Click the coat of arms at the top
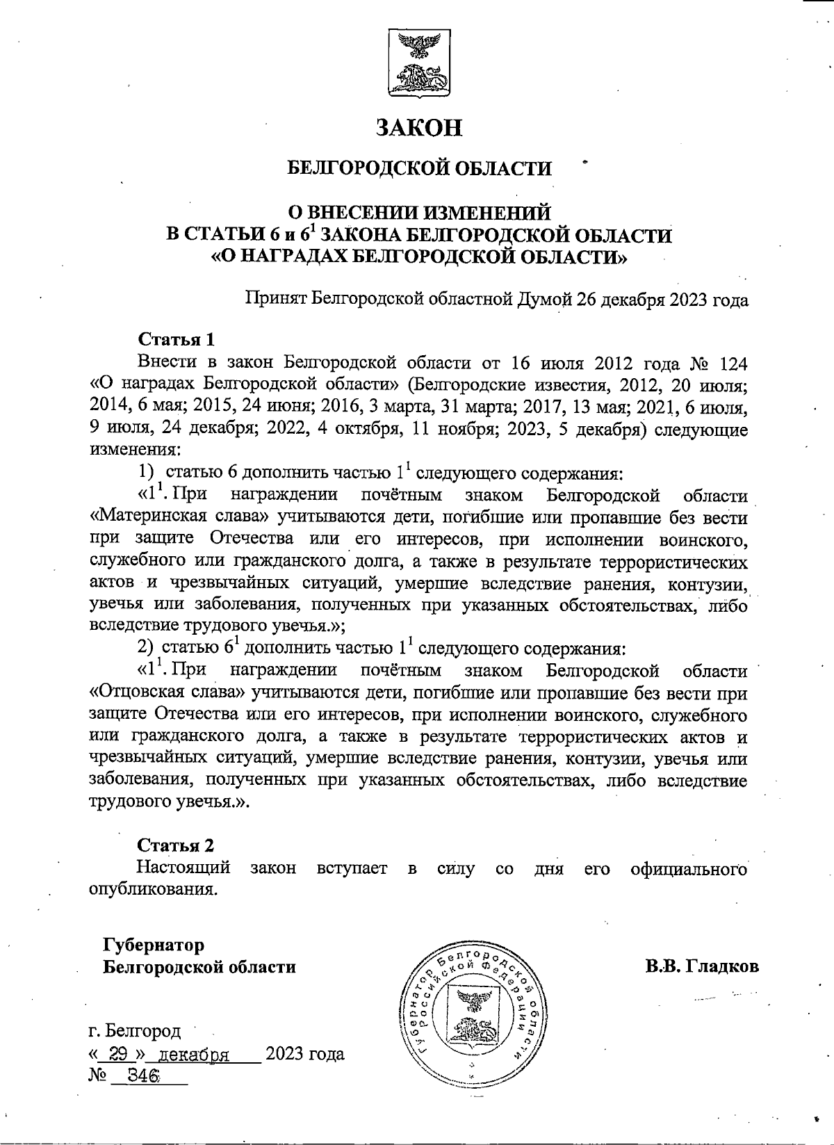tap(418, 64)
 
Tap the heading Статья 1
tap(177, 339)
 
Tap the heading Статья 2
tap(176, 845)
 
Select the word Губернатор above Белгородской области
tap(154, 945)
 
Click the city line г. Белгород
tap(135, 1030)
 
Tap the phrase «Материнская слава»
tap(180, 517)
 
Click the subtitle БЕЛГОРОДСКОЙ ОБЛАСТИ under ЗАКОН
tap(419, 169)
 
